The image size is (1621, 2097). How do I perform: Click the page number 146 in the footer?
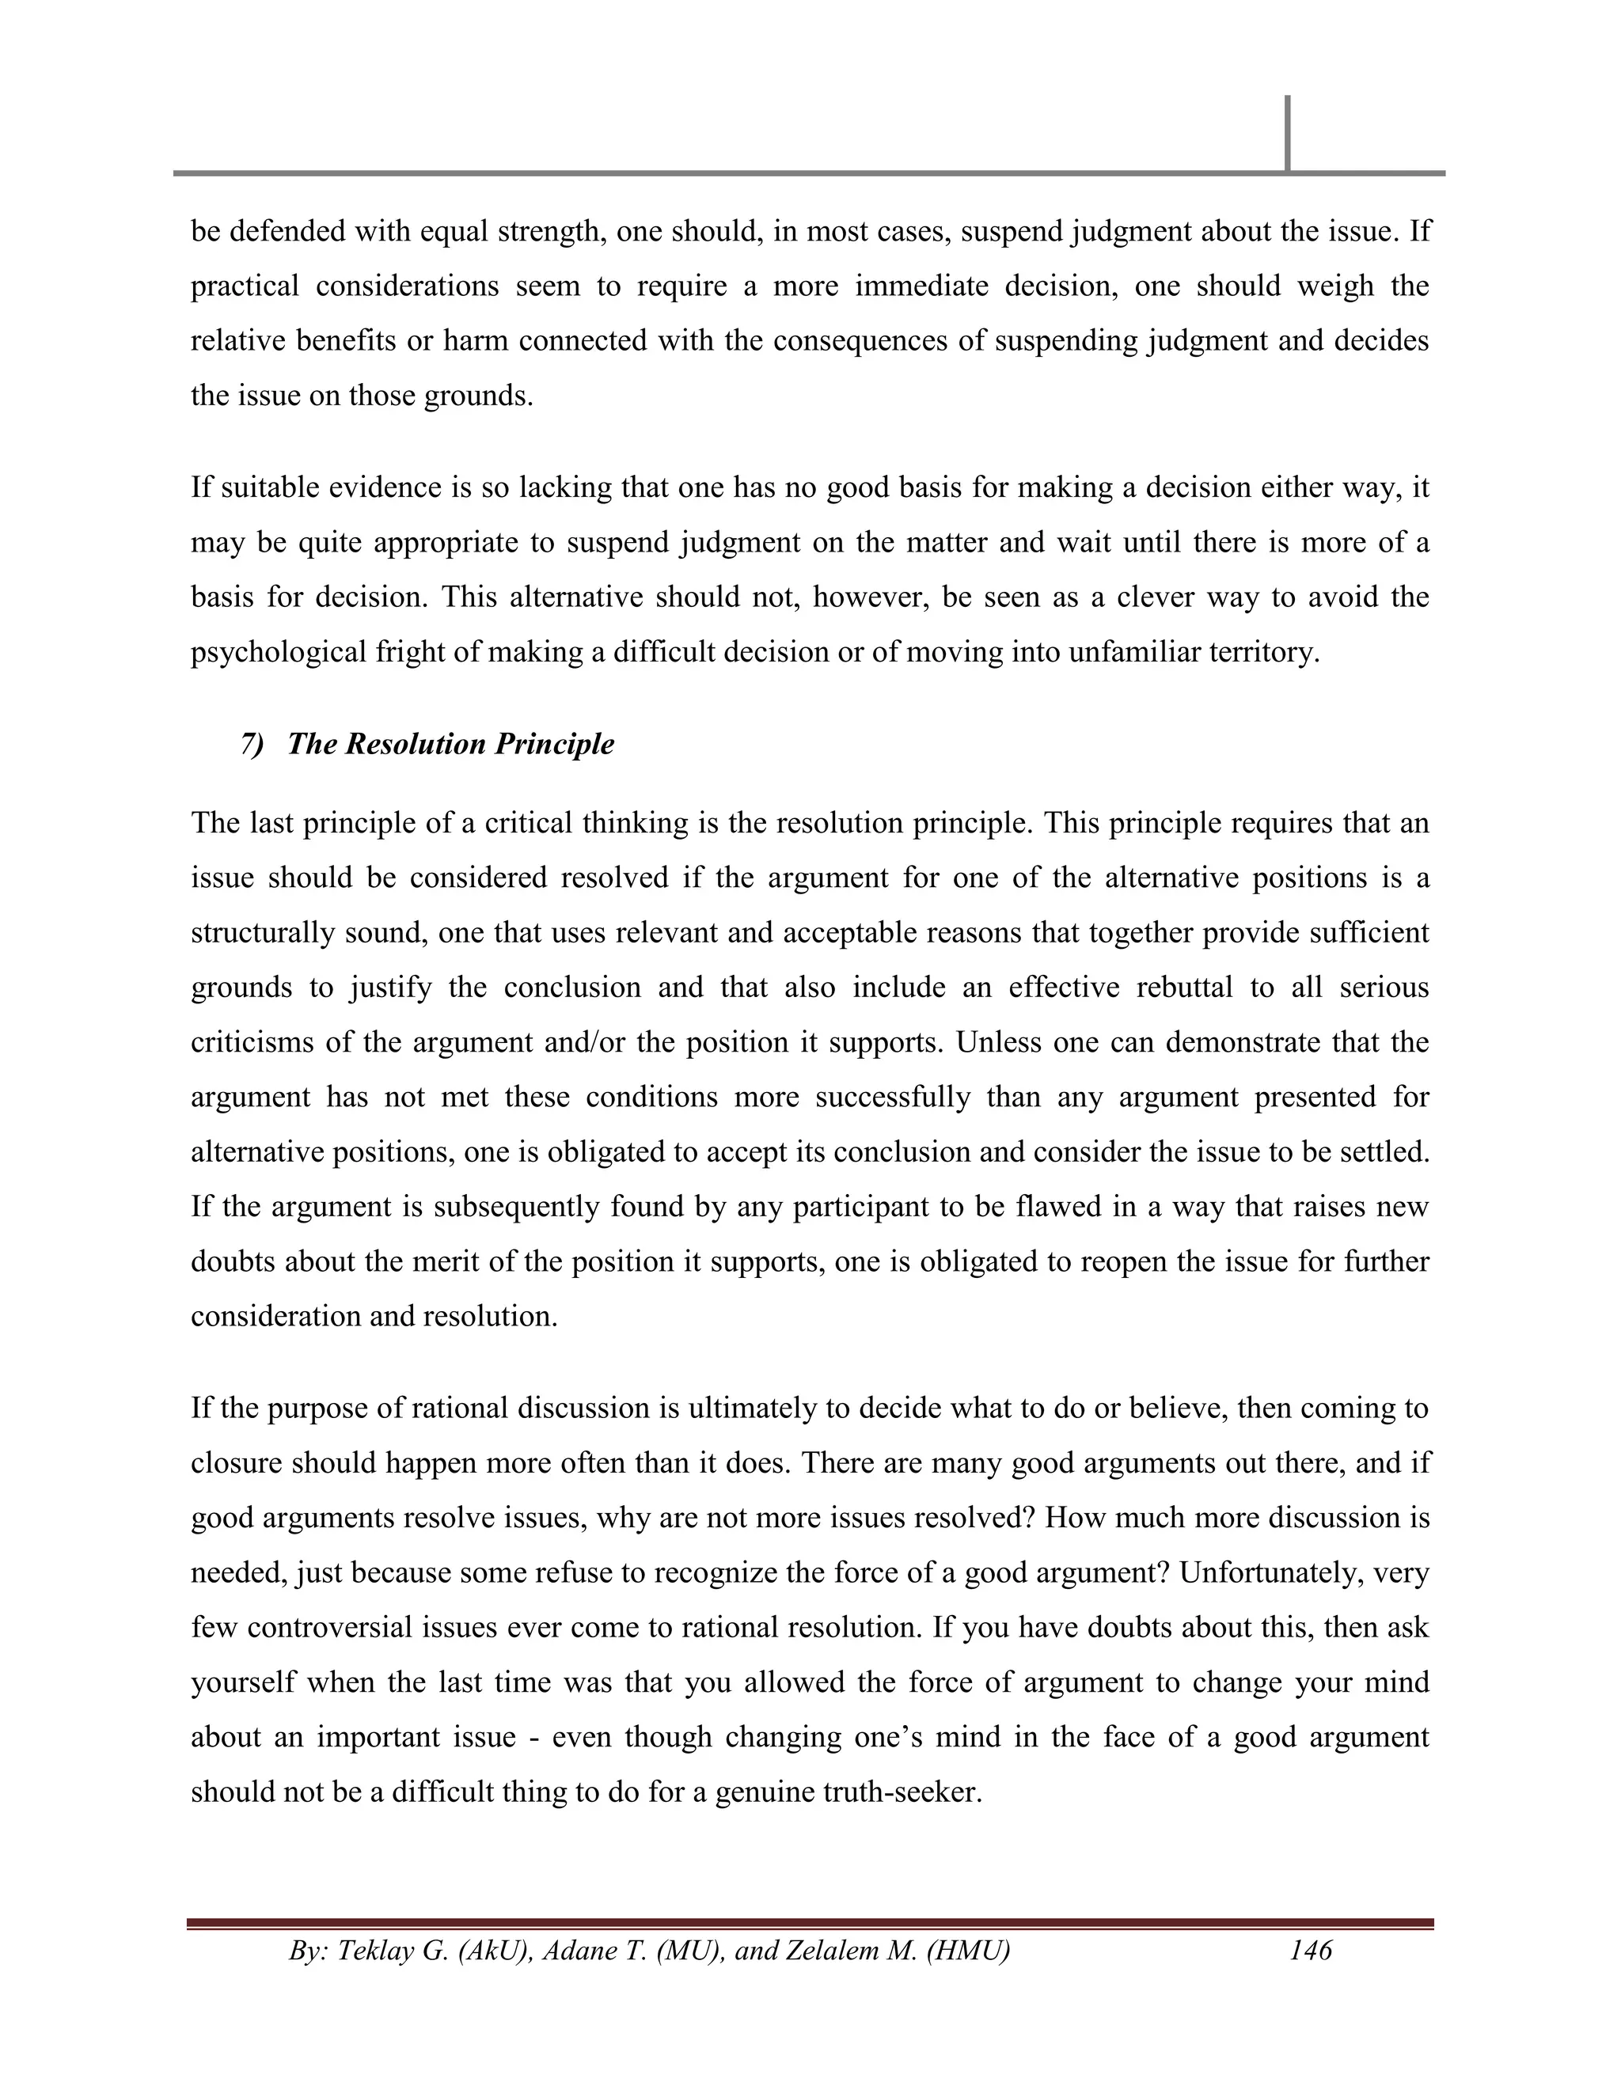[1311, 1949]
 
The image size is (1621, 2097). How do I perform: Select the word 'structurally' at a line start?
[252, 933]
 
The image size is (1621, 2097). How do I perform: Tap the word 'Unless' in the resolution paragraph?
[999, 1043]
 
